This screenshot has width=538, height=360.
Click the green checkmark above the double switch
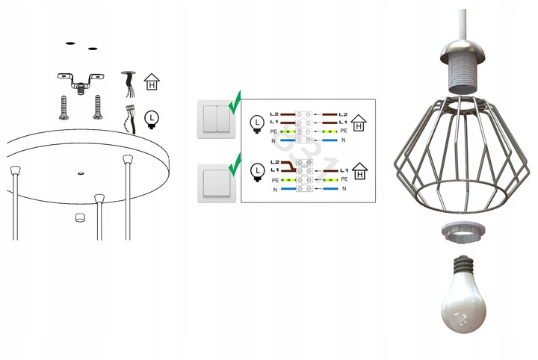click(235, 100)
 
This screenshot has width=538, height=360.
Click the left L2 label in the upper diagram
click(274, 112)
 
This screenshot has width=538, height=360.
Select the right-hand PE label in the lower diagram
click(344, 180)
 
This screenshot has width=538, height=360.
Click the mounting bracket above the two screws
click(77, 81)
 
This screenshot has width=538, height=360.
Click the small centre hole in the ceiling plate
click(79, 173)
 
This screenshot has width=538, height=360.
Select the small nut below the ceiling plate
click(79, 217)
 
